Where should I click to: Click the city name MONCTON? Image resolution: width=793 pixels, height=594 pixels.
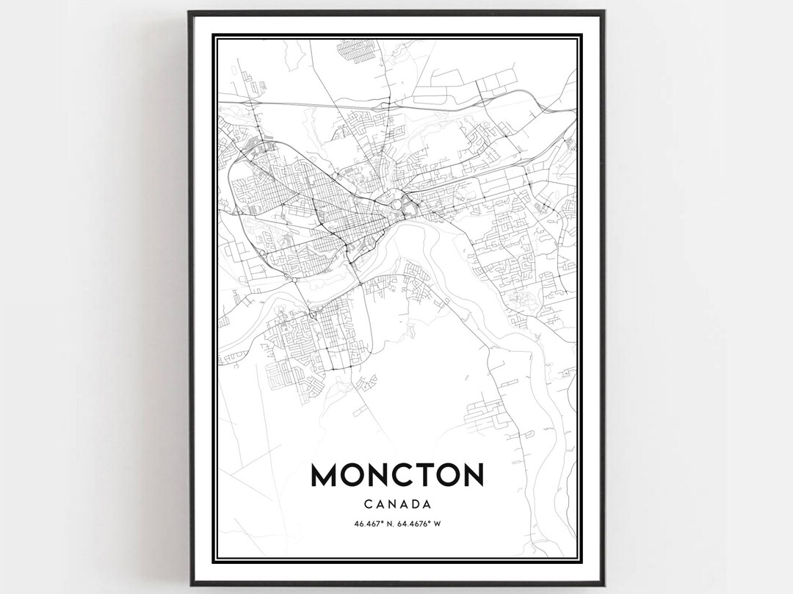[x=397, y=474]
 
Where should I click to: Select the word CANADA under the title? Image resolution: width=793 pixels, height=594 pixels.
[x=397, y=504]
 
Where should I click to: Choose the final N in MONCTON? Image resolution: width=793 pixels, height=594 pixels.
[x=471, y=474]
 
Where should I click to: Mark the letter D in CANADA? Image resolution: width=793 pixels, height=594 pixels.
[x=413, y=504]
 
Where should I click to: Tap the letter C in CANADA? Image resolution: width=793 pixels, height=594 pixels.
[x=367, y=504]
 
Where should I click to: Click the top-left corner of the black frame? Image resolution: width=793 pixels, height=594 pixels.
[x=189, y=12]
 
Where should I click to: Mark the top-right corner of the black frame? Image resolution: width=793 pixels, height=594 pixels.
[x=604, y=12]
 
